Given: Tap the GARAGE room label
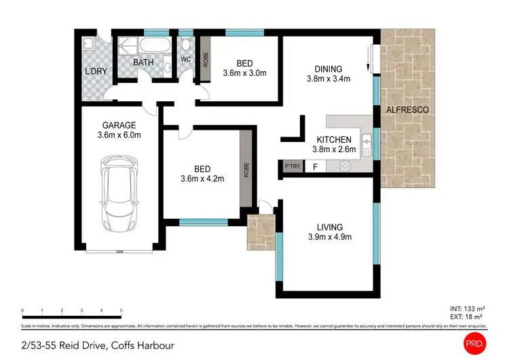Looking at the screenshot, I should tap(119, 125).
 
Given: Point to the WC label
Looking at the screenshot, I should tap(185, 60).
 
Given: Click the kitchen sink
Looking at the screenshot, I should tap(367, 142).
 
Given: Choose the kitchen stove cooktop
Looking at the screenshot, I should tap(344, 166).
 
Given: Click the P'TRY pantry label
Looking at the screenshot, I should tap(293, 166).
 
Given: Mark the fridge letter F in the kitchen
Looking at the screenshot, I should tap(314, 166).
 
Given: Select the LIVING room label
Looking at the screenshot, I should tap(330, 227).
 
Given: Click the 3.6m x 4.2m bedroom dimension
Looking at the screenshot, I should tap(202, 179).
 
